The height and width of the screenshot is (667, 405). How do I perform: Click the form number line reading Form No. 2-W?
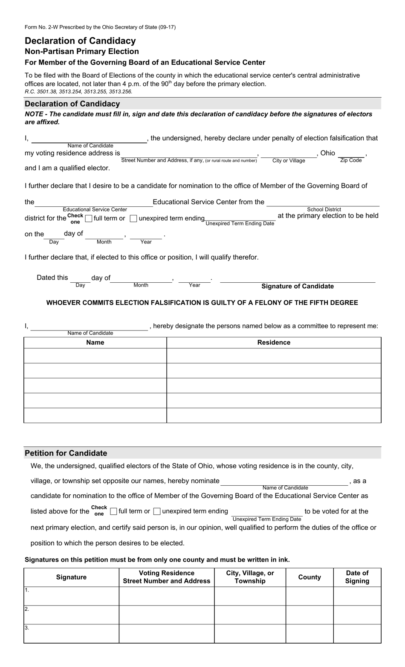tap(100, 27)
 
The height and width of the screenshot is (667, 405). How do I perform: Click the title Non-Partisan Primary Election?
tap(82, 52)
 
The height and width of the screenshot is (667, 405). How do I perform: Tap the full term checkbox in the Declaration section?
tap(89, 219)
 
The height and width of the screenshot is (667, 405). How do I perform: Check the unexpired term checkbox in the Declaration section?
tap(133, 219)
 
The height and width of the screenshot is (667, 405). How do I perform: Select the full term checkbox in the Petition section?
tap(113, 511)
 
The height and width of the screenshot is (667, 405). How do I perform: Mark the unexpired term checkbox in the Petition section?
tap(157, 511)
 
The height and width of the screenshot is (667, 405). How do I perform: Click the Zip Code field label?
tap(351, 160)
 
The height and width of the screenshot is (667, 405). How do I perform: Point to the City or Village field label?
tap(289, 161)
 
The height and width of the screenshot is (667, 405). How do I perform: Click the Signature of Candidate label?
tap(298, 287)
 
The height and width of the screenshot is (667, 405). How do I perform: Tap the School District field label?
tap(324, 209)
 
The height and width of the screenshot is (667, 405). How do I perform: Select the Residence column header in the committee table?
tap(274, 342)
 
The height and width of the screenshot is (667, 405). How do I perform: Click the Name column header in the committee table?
tap(95, 342)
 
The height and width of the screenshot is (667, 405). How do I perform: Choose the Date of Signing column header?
tap(357, 577)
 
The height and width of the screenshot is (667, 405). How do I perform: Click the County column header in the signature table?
tap(310, 577)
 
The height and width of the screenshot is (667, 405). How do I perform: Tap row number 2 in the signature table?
tap(27, 609)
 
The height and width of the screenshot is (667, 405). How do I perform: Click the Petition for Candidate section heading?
tap(66, 453)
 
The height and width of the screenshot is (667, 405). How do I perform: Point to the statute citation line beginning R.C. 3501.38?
tap(78, 91)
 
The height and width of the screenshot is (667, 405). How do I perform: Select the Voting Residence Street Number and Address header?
tap(167, 577)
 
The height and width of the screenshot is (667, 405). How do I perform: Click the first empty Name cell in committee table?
tap(95, 356)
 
